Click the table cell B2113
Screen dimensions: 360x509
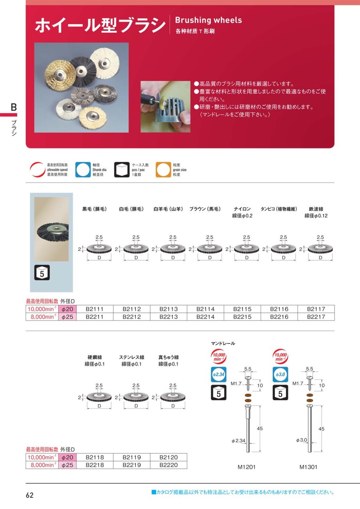168,309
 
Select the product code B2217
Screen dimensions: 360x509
316,317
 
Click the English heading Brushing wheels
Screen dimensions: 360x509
208,20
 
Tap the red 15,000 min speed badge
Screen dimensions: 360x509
280,357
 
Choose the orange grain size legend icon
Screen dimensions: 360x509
163,170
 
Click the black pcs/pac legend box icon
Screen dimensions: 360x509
122,170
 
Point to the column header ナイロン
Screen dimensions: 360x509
242,209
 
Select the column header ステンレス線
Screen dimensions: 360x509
132,357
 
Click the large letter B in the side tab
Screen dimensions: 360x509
14,107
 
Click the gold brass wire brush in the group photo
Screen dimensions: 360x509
59,75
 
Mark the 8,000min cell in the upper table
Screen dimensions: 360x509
42,317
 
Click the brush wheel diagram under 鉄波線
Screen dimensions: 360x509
320,248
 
